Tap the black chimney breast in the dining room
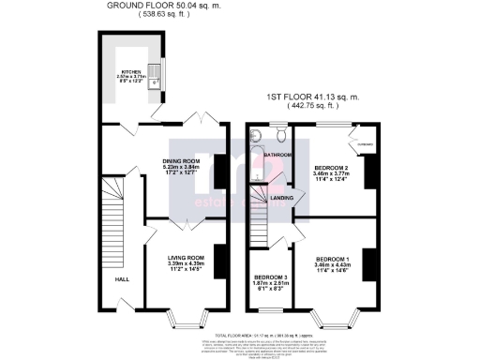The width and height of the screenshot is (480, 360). (221, 176)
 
